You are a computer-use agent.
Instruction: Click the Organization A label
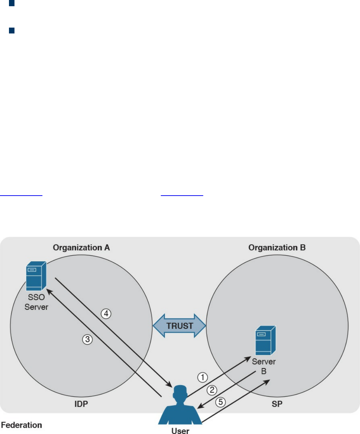coord(81,248)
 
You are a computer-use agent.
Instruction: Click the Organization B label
coord(277,248)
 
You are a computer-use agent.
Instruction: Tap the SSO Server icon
coord(36,276)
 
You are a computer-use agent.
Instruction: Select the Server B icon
coord(265,340)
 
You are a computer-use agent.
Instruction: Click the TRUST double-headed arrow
coord(179,326)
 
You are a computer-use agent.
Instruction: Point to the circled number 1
coord(202,377)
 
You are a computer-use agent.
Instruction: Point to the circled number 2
coord(212,390)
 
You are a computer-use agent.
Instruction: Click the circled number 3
coord(88,339)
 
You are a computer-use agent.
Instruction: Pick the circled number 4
coord(106,314)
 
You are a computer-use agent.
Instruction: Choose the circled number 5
coord(221,402)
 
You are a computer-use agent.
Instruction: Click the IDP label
coord(81,404)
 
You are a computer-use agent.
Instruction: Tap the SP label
coord(277,404)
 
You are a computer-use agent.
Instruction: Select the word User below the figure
coord(180,431)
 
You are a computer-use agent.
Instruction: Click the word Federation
coord(22,425)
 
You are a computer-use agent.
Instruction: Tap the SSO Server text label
coord(36,302)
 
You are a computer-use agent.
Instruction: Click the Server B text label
coord(264,366)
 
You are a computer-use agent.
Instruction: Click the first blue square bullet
coord(12,4)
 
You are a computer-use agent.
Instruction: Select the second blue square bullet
coord(12,31)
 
